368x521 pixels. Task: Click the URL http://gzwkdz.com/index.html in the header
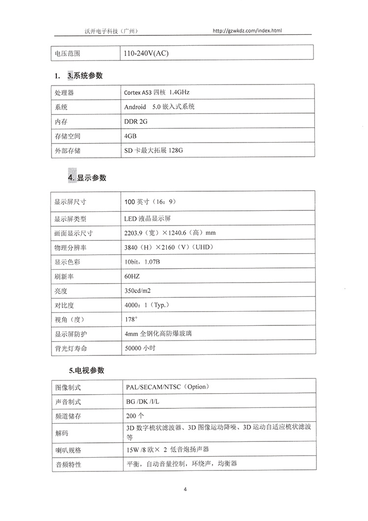[x=247, y=30]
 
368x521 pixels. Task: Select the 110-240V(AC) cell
[x=146, y=53]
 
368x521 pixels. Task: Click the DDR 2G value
[x=136, y=121]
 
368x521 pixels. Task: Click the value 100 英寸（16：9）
[x=150, y=202]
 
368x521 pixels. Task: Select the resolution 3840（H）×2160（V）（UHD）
[x=169, y=247]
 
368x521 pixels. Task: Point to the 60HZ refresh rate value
[x=132, y=276]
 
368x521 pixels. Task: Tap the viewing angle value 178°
[x=131, y=319]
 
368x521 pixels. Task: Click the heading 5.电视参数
[x=86, y=370]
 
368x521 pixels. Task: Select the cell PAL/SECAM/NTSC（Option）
[x=167, y=387]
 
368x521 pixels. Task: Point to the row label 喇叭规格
[x=68, y=450]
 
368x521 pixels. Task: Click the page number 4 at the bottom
[x=185, y=490]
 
